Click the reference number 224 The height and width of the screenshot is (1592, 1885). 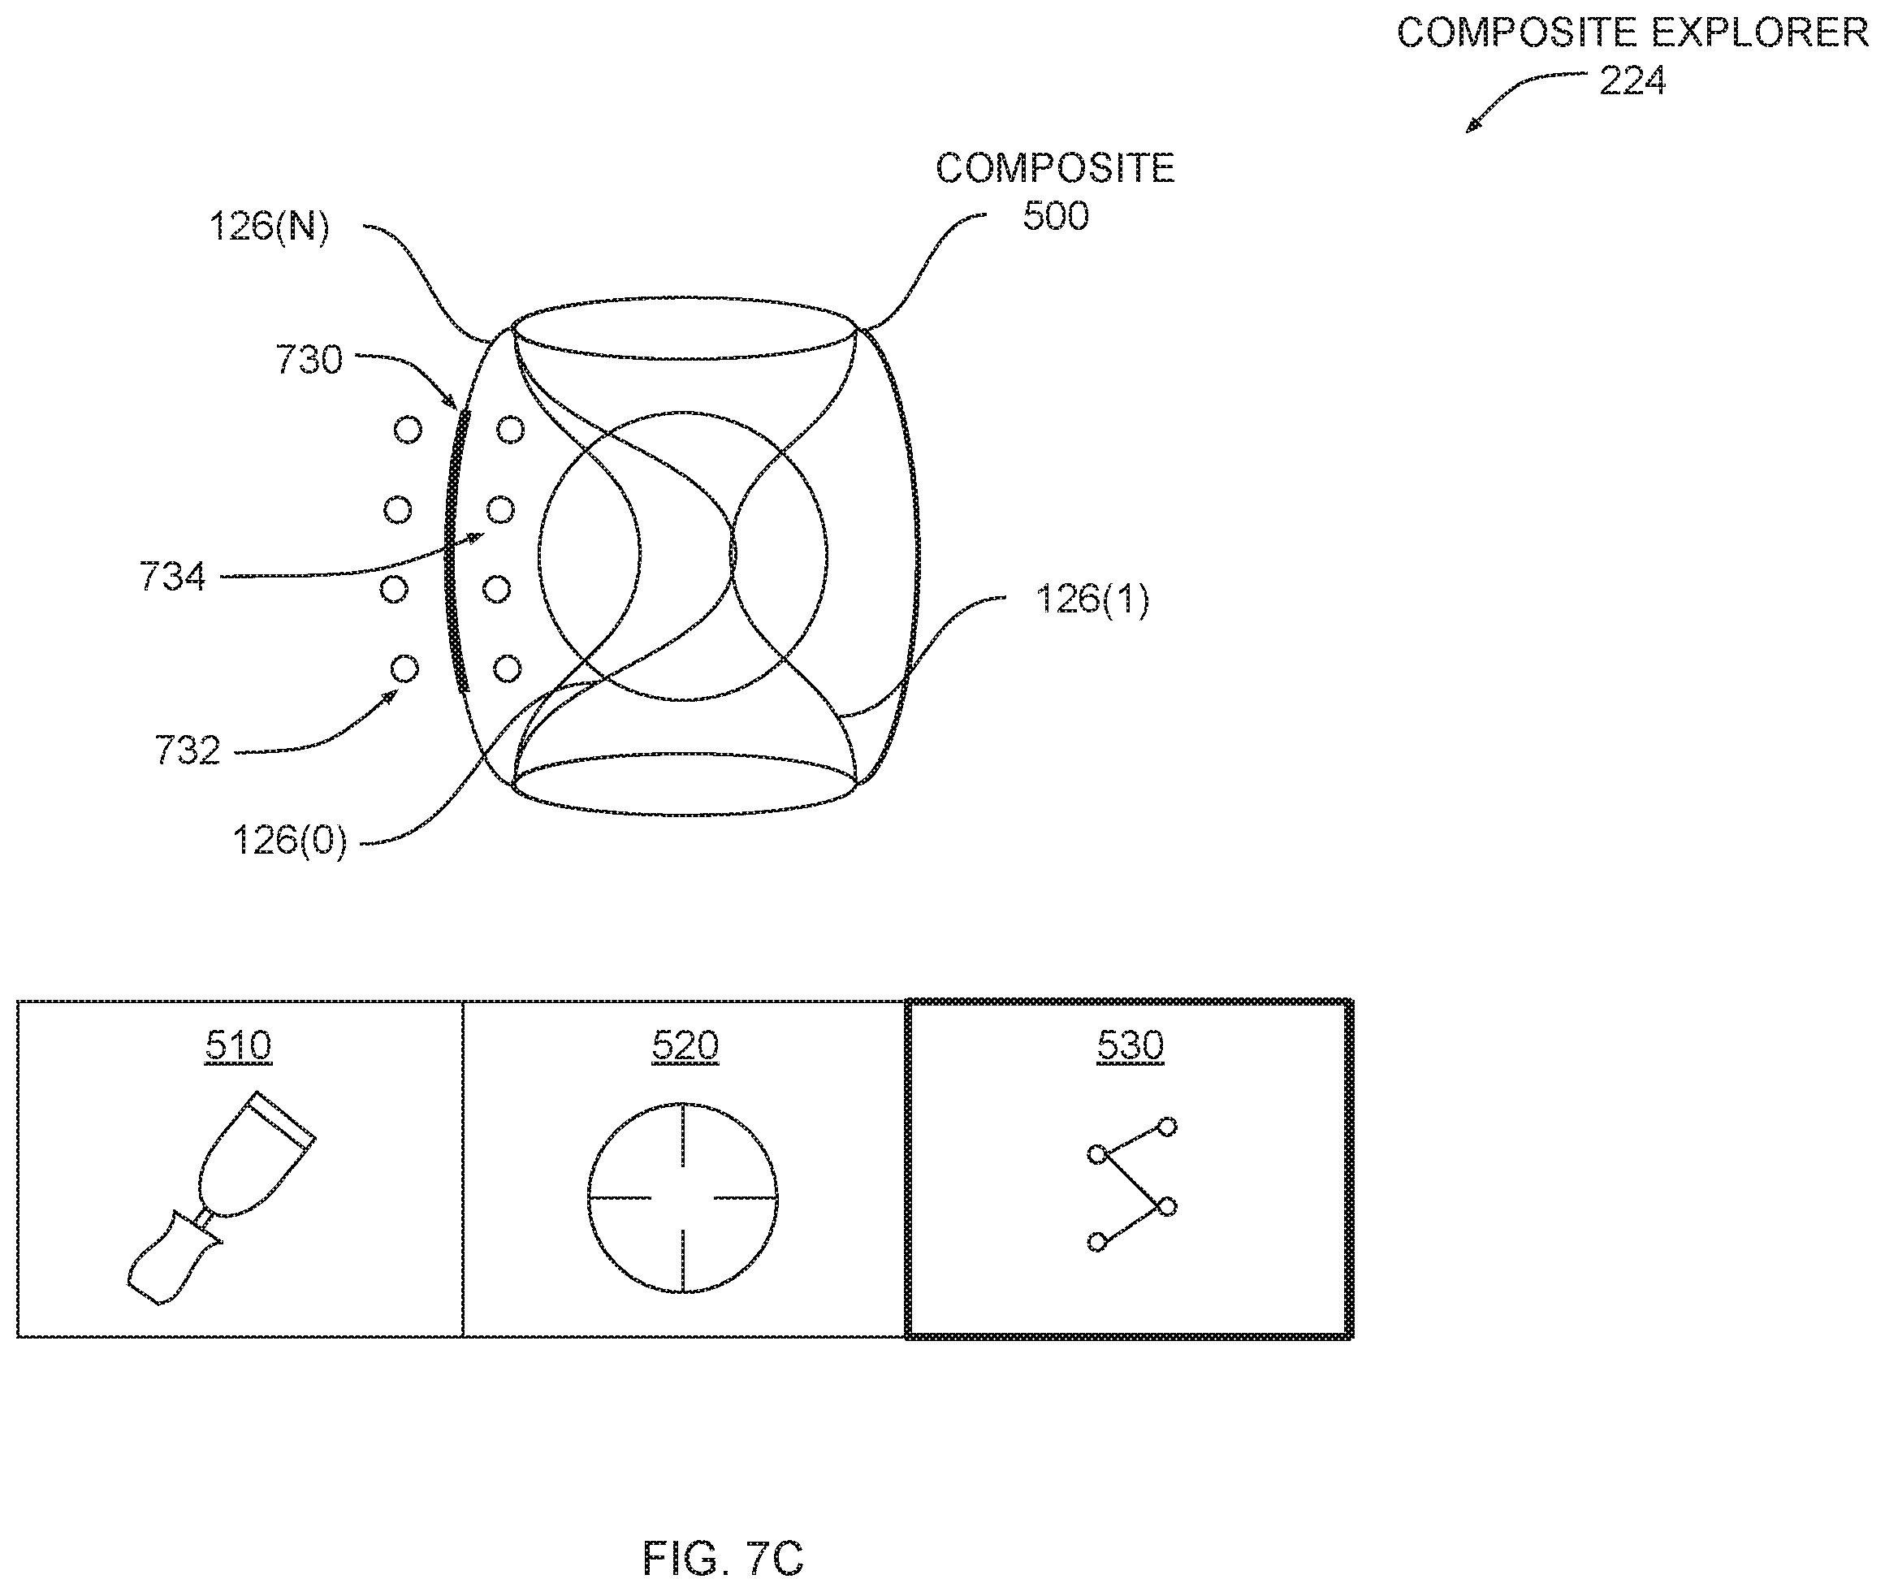coord(1632,81)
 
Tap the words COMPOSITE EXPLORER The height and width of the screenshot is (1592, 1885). coord(1632,33)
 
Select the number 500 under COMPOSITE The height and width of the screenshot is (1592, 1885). coord(1055,216)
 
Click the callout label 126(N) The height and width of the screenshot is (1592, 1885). coord(269,227)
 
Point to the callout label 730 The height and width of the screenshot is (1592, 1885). coord(309,359)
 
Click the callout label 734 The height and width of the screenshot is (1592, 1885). coord(172,577)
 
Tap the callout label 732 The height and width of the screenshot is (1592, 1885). coord(188,751)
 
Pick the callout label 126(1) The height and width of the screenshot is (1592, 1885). coord(1092,599)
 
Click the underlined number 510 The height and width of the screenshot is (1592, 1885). coord(238,1046)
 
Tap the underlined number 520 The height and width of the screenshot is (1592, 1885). coord(685,1046)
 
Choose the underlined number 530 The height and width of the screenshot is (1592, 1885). coord(1131,1046)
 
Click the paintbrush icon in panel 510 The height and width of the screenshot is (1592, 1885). coord(220,1197)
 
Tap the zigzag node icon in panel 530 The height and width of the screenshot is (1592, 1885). coord(1131,1184)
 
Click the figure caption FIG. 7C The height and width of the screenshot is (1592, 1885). coord(723,1558)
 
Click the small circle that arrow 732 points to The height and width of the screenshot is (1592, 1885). coord(404,668)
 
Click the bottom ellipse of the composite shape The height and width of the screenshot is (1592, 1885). coord(684,815)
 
